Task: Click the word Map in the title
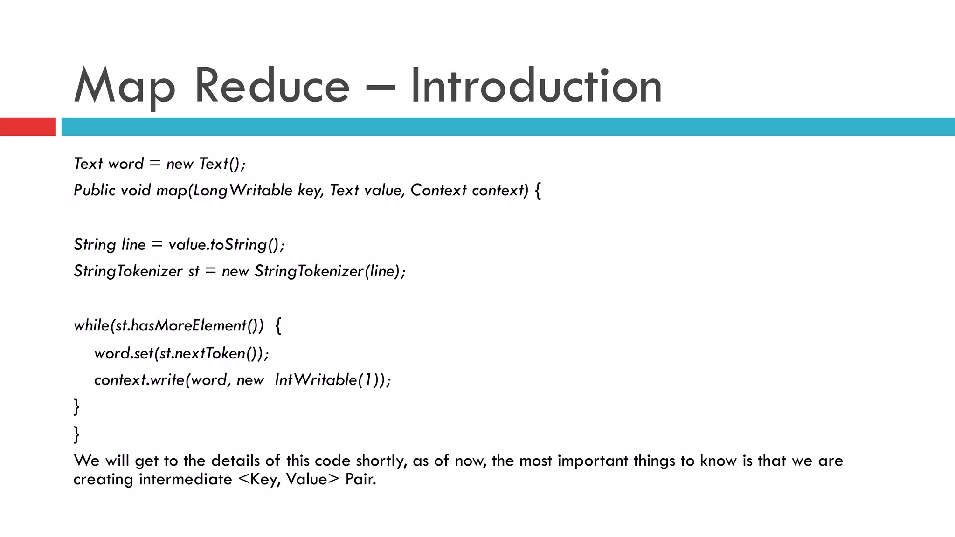point(125,86)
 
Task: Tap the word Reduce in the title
point(271,86)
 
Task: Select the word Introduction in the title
point(536,86)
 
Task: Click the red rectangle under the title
point(28,127)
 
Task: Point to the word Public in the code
point(94,190)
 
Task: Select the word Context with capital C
point(438,190)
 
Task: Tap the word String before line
point(95,245)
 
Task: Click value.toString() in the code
point(226,245)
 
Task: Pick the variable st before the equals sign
point(194,271)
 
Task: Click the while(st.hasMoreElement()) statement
point(169,325)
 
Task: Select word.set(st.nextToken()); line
point(181,353)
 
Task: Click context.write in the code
point(139,380)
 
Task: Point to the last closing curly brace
point(77,434)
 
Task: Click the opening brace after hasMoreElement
point(278,325)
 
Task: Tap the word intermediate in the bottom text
point(185,479)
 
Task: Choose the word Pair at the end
point(360,479)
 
